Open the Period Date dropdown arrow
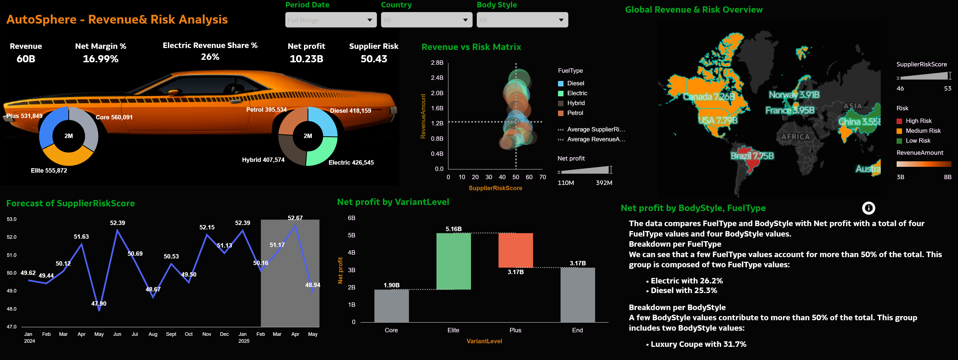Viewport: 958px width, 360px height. click(x=369, y=20)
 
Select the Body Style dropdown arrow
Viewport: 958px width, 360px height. click(x=561, y=20)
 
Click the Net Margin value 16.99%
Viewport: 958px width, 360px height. click(x=100, y=59)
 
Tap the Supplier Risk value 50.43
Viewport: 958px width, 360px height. click(x=374, y=59)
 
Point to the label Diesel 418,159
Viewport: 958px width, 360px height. click(x=350, y=111)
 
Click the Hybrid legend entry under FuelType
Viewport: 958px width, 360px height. click(x=575, y=103)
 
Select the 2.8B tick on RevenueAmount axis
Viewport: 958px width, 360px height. click(x=437, y=63)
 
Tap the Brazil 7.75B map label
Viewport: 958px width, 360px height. click(x=752, y=156)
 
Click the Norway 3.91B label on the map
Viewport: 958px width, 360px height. click(x=794, y=95)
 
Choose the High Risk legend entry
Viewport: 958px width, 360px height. click(x=918, y=121)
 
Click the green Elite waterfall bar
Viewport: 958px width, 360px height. click(x=453, y=261)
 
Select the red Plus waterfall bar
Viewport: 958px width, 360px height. click(x=515, y=250)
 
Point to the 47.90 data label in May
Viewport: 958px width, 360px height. click(x=99, y=303)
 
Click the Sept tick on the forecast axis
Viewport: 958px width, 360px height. click(x=171, y=334)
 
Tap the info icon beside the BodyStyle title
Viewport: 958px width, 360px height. click(x=868, y=208)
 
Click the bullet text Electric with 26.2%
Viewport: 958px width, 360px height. click(x=686, y=281)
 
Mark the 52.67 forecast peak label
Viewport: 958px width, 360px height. click(x=295, y=218)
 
